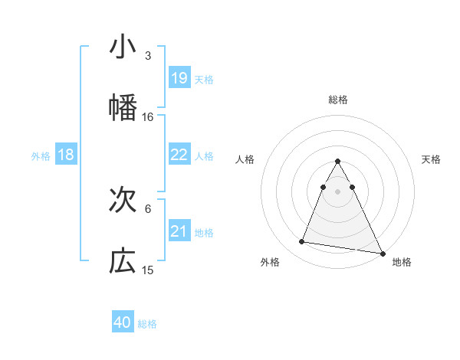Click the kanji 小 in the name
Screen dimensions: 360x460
click(x=123, y=47)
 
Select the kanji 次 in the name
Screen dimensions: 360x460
click(x=123, y=201)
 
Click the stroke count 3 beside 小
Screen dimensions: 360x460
click(x=148, y=56)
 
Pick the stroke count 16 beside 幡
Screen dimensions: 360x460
click(x=148, y=117)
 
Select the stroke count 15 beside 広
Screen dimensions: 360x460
click(x=148, y=270)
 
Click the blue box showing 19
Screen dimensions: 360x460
click(x=179, y=78)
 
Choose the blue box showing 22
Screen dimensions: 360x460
click(x=179, y=155)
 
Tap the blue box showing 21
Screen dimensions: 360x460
click(x=179, y=231)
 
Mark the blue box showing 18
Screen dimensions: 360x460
click(x=66, y=155)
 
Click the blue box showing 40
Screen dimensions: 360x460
click(x=123, y=323)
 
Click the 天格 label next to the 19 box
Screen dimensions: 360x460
click(x=204, y=79)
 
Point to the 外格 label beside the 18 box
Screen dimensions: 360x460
click(x=41, y=155)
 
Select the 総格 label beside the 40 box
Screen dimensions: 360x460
click(x=147, y=324)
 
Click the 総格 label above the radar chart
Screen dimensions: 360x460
click(x=338, y=100)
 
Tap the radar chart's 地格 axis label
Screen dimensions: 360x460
click(x=402, y=262)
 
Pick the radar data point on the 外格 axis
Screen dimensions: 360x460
click(x=302, y=242)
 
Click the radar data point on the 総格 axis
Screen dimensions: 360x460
click(x=338, y=162)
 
